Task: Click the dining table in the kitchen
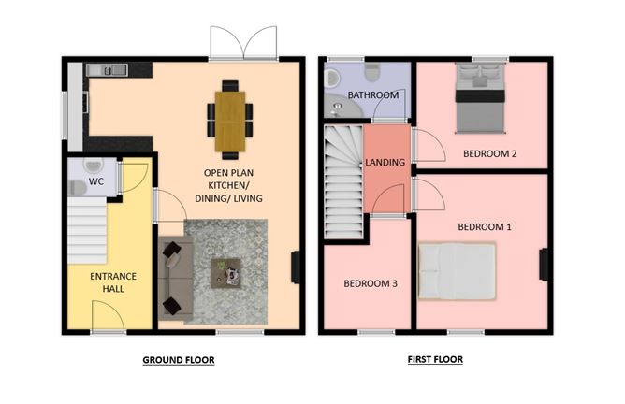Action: [x=230, y=121]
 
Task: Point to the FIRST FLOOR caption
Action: [x=435, y=359]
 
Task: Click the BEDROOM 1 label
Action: [x=484, y=226]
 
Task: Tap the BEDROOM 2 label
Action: [x=490, y=153]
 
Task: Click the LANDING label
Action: [x=385, y=162]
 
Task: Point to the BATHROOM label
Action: [x=373, y=95]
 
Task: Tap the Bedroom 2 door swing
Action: [x=427, y=146]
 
